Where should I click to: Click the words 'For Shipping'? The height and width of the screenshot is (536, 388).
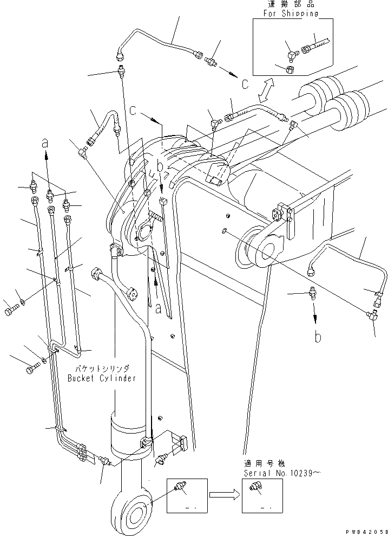pos(291,14)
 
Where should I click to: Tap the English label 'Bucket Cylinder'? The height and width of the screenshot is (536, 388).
pos(102,378)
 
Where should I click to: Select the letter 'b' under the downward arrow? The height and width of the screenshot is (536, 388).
pos(318,337)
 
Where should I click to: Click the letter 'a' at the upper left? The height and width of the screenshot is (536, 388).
pos(46,143)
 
